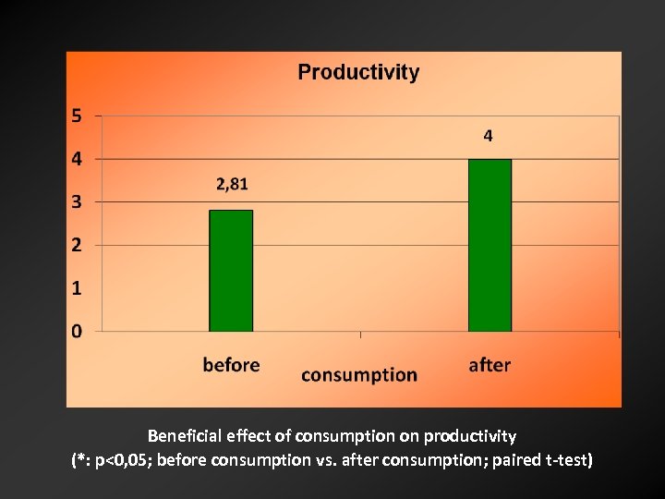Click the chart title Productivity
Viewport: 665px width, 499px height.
tap(358, 73)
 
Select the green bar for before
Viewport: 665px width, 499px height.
tap(231, 270)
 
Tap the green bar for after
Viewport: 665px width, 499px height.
tap(490, 245)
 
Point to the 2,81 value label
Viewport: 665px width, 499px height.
tap(232, 184)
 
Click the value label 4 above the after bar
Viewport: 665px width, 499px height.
tap(489, 136)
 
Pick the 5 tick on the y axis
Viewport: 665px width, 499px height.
tap(77, 116)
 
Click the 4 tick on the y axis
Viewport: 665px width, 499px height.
tap(77, 159)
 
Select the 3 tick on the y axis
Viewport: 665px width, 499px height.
tap(77, 201)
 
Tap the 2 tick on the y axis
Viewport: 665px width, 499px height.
tap(77, 245)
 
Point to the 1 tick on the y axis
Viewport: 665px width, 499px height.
tap(77, 288)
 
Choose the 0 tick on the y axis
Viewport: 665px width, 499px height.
tap(77, 331)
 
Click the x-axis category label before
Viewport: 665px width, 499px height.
tap(231, 365)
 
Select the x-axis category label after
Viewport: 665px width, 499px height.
tap(490, 365)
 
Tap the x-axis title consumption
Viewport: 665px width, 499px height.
tap(359, 374)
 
